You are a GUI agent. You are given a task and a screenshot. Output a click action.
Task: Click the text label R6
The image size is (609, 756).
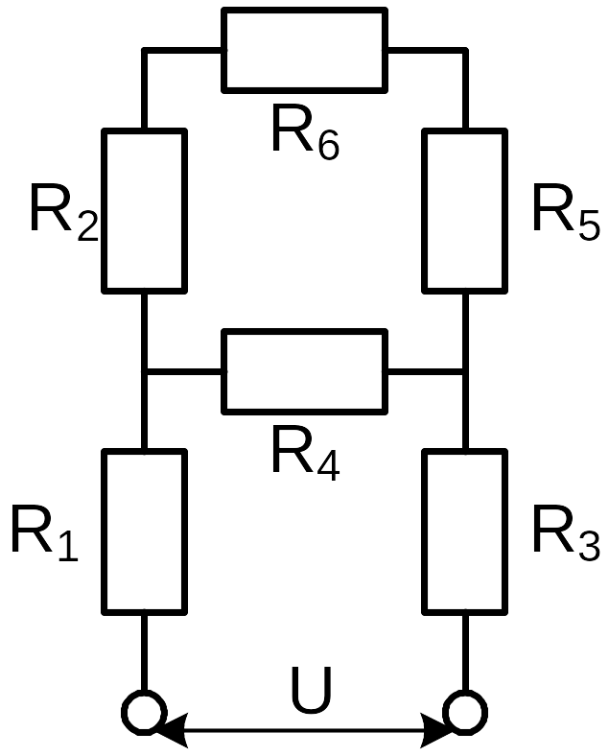pos(306,131)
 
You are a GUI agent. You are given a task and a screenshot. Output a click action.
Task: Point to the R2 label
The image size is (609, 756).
pos(64,212)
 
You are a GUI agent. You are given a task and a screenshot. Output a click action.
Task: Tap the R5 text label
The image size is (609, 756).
pos(567,212)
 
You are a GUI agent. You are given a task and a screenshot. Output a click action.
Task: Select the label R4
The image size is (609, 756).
pos(306,453)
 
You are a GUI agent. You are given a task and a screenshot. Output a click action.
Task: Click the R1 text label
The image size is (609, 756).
pos(44,533)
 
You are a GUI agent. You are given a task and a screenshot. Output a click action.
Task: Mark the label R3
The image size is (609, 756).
pos(567,533)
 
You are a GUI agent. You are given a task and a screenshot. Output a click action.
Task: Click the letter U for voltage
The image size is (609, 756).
pos(312,690)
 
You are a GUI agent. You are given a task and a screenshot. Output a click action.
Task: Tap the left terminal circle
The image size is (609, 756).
pos(144,712)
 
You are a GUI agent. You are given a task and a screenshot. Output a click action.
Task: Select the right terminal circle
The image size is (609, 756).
pos(465,712)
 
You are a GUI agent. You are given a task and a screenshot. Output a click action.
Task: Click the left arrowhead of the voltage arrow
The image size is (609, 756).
pos(171,730)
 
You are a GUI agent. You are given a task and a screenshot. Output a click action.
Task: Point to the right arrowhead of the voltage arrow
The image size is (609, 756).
pos(438,730)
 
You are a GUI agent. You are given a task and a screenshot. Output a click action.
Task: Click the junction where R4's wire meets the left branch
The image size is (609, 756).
pos(144,371)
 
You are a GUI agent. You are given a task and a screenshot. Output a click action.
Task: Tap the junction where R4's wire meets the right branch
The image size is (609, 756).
pos(465,371)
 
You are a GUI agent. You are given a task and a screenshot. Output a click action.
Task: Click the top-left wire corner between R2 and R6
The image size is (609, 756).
pos(144,50)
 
